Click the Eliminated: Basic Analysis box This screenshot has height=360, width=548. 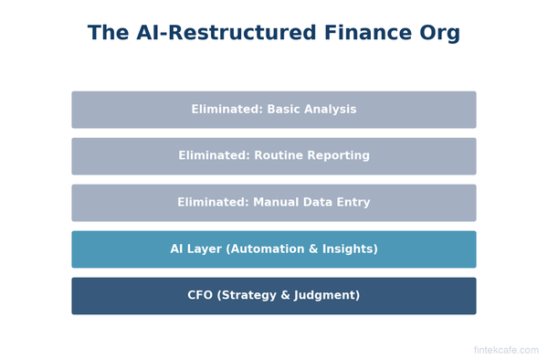pos(274,110)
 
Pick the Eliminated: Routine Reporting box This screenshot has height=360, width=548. pos(274,156)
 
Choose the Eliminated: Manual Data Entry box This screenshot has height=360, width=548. pos(274,203)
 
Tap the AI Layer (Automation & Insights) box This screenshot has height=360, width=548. pos(274,249)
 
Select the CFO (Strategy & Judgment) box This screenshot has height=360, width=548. pos(274,296)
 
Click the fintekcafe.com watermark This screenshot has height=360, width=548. pos(506,350)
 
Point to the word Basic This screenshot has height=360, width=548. pos(285,110)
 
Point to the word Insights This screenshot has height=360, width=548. pos(348,249)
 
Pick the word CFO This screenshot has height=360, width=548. pos(200,296)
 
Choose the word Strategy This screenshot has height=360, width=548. pos(248,296)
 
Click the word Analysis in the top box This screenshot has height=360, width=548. pos(331,110)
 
